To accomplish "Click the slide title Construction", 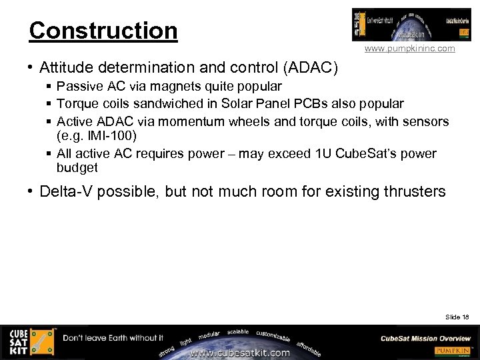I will [x=103, y=31].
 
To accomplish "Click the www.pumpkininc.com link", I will [x=409, y=49].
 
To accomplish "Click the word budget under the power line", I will [x=77, y=168].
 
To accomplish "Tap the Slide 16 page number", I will [x=458, y=317].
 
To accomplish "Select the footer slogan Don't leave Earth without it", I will [x=113, y=338].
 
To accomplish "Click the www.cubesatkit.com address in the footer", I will [x=241, y=353].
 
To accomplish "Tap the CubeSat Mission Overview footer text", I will [x=425, y=338].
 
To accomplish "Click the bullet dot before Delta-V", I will [x=31, y=192].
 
